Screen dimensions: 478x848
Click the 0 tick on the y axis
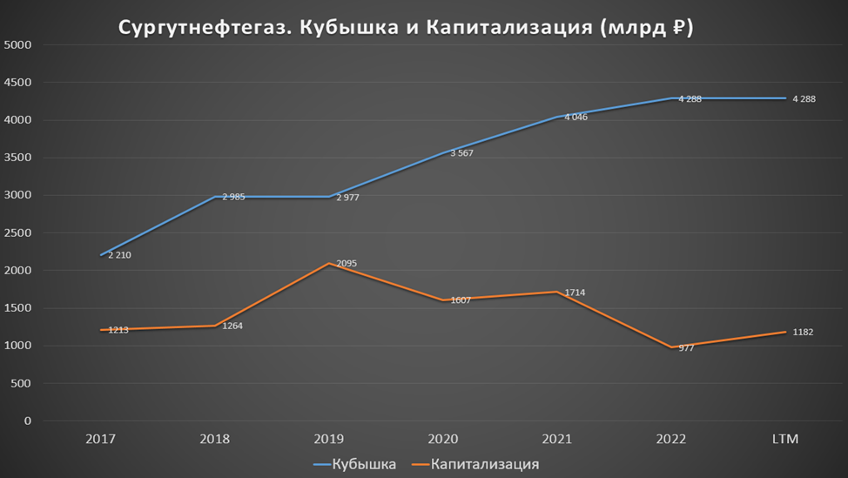[x=28, y=421]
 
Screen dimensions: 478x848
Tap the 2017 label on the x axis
[x=101, y=439]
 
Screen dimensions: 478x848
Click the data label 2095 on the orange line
[x=349, y=263]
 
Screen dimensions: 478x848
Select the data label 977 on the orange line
[x=686, y=347]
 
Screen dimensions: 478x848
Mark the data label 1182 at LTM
[x=803, y=332]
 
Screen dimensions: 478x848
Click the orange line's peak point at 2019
[x=330, y=263]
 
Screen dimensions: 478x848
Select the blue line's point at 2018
[x=216, y=197]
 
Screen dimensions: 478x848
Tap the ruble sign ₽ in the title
[x=678, y=29]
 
